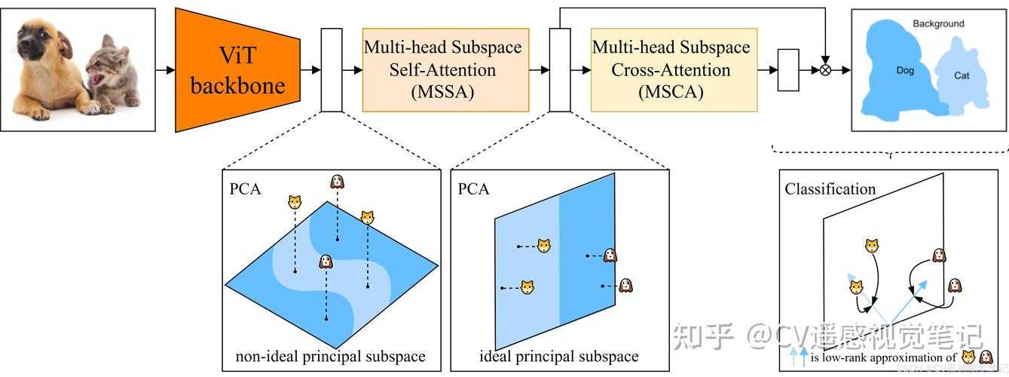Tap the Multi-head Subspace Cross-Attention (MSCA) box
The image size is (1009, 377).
[x=671, y=70]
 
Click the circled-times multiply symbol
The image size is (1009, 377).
[x=826, y=70]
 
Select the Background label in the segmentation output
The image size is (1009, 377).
[x=938, y=24]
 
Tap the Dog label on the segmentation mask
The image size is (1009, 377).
[x=905, y=70]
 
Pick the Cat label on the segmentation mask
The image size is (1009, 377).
[x=962, y=75]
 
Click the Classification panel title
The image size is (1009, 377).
[x=830, y=189]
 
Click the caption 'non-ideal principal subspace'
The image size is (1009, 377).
[x=330, y=356]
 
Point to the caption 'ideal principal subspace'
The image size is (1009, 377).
[x=558, y=356]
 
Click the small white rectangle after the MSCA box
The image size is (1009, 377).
[x=788, y=70]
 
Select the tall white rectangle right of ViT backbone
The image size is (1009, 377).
[x=332, y=70]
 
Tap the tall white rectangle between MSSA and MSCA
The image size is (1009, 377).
[x=560, y=70]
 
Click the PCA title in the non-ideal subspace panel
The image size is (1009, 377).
[x=245, y=188]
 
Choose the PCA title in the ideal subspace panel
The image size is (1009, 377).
[x=473, y=188]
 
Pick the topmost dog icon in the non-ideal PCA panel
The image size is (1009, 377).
[x=338, y=182]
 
